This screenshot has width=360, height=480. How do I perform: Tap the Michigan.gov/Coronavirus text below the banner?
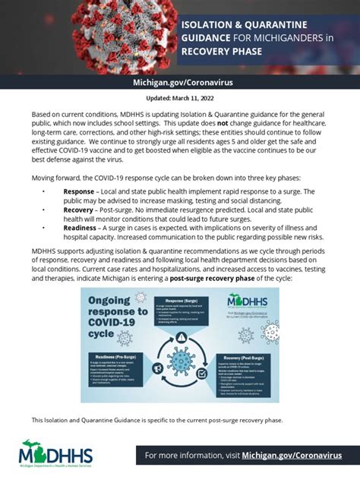click(180, 81)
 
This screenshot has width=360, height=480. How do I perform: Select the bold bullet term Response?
click(80, 191)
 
